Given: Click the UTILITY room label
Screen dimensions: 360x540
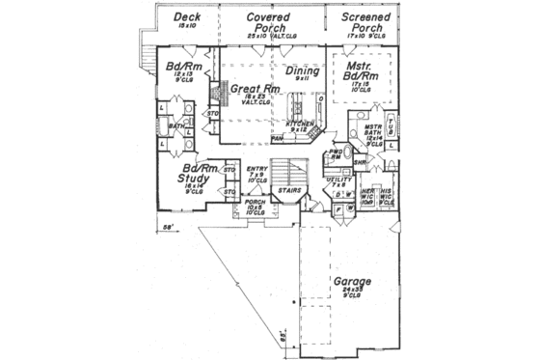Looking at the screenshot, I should [340, 180].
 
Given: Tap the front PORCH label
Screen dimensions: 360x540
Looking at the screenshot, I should [254, 203].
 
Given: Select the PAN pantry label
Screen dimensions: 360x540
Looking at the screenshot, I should [277, 139].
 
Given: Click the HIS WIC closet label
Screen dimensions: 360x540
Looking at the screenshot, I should [386, 193].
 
